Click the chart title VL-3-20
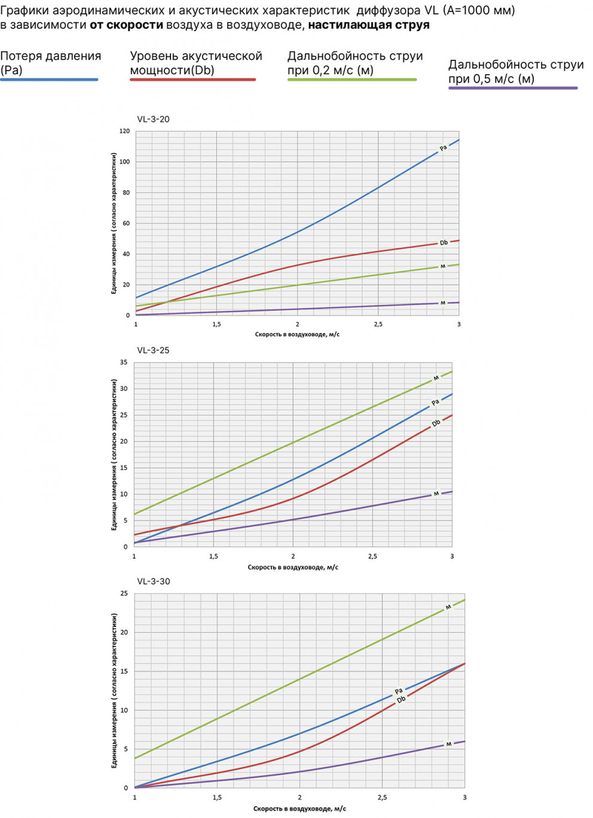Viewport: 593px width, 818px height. (x=153, y=119)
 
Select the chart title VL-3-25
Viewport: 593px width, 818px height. (x=153, y=350)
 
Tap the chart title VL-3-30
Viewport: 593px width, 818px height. (x=154, y=581)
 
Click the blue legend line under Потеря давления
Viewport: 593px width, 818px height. (x=49, y=79)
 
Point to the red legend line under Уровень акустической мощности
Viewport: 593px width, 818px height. (x=192, y=79)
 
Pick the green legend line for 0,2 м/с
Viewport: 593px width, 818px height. (x=351, y=79)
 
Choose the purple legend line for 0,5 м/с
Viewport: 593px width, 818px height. (x=513, y=88)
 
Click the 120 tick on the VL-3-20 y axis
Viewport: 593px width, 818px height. (x=124, y=131)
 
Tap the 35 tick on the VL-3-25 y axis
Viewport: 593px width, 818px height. (x=124, y=363)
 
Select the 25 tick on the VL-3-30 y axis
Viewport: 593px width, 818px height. (x=124, y=593)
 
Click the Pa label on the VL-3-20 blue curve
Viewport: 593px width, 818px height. (x=443, y=148)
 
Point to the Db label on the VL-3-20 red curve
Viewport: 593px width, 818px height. (x=444, y=243)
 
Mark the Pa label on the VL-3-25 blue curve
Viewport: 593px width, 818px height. (x=435, y=402)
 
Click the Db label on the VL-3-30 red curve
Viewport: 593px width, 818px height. (x=401, y=700)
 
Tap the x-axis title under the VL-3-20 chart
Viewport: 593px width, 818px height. (x=297, y=335)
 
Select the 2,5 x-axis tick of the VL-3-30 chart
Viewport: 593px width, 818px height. (x=382, y=797)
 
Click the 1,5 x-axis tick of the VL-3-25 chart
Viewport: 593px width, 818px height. (x=213, y=556)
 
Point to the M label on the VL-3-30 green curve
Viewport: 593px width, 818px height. (x=448, y=607)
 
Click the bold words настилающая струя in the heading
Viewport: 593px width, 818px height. (x=369, y=25)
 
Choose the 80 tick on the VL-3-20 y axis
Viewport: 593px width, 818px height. (x=126, y=192)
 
